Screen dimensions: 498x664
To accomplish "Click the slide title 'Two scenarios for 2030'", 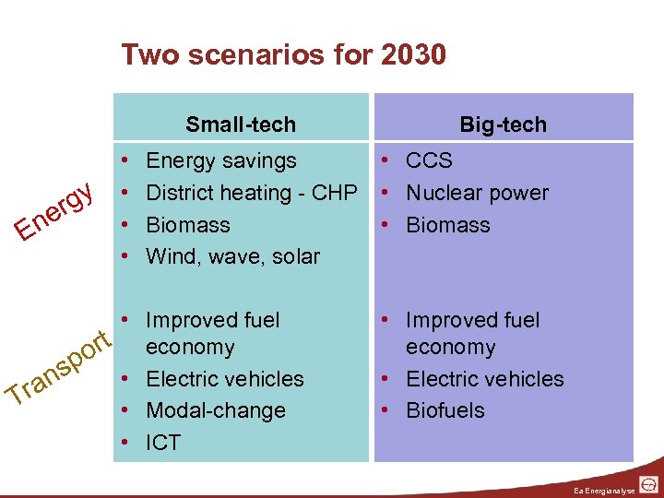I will pos(283,55).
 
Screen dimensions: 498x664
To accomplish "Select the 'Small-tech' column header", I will pos(241,125).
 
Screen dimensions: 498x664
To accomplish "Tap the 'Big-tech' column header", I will pos(503,125).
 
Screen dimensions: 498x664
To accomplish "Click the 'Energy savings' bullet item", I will pos(221,160).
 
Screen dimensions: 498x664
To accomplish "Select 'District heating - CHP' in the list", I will pos(251,193).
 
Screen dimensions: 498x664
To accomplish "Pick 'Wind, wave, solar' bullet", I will pos(232,256).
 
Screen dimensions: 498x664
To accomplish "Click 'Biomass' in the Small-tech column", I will pos(188,225).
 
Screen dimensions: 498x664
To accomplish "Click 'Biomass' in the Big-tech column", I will pos(448,225).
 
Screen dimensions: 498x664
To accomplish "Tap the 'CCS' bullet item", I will pos(429,160).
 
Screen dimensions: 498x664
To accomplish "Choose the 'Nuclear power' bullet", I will pos(477,193).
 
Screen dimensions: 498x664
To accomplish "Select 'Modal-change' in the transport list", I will pos(216,410).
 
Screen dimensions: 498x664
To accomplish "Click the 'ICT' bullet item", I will pos(163,443).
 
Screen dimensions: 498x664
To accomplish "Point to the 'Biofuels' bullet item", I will pos(445,410).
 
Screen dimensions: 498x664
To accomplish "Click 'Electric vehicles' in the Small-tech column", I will pos(224,379).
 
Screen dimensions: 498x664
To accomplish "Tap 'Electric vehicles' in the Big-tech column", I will pos(484,379).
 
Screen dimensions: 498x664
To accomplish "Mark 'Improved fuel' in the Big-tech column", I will pos(472,320).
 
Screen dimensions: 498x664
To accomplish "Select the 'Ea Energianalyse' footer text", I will pos(604,489).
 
